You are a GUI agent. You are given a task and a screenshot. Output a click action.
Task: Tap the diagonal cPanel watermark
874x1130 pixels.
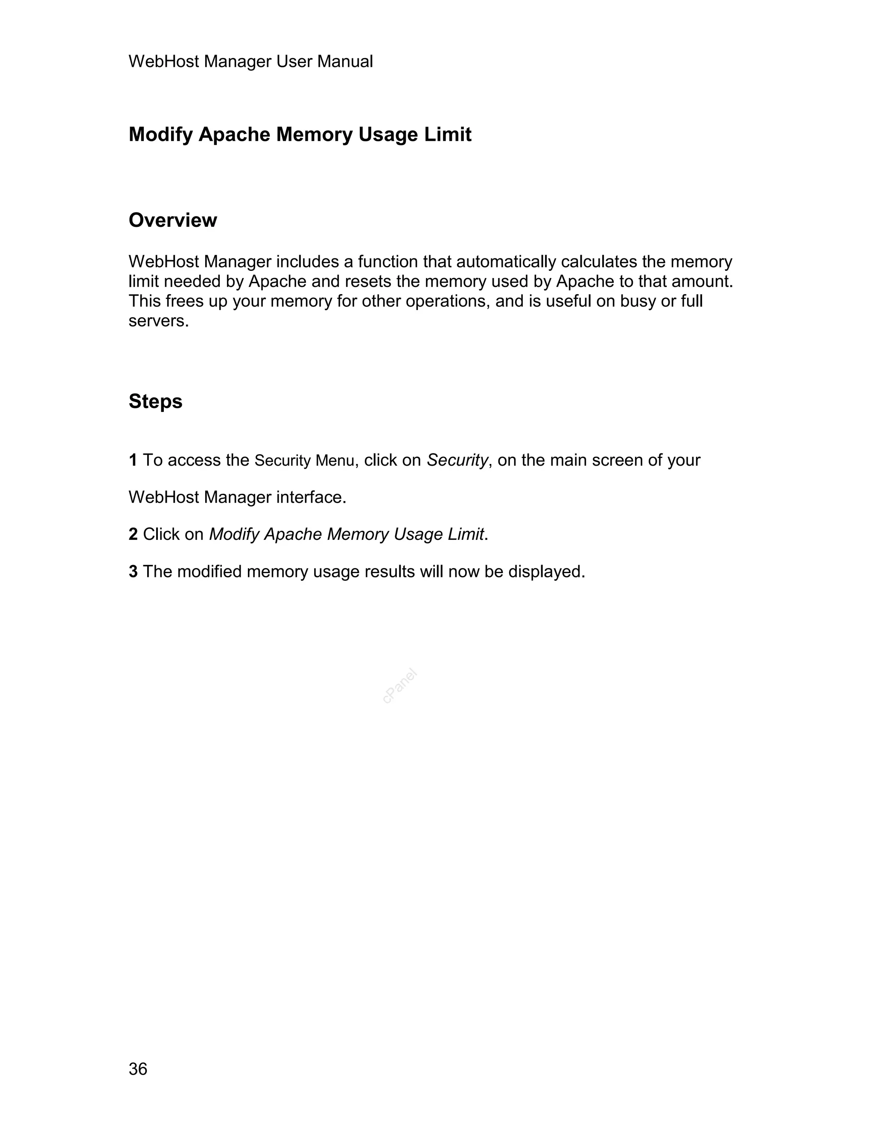pyautogui.click(x=400, y=686)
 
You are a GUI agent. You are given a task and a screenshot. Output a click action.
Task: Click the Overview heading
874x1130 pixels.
pyautogui.click(x=172, y=220)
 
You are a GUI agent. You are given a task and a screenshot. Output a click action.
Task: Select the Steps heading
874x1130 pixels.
pyautogui.click(x=155, y=401)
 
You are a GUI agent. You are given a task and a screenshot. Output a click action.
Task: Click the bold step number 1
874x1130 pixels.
pyautogui.click(x=133, y=460)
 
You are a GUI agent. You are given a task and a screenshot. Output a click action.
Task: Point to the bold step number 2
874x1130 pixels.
pyautogui.click(x=133, y=534)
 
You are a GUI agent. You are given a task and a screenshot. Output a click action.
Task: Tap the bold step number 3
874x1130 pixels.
pyautogui.click(x=133, y=571)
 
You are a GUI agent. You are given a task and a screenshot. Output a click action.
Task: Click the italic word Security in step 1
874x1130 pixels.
pyautogui.click(x=457, y=460)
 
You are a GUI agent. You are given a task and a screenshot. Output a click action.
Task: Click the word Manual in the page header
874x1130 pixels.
pyautogui.click(x=345, y=61)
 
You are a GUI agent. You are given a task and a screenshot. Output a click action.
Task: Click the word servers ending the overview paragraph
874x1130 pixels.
pyautogui.click(x=157, y=322)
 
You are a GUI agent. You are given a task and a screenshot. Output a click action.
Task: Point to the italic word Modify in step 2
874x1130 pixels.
pyautogui.click(x=234, y=534)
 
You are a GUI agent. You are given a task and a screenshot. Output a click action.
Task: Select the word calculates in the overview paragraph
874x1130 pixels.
pyautogui.click(x=599, y=262)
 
